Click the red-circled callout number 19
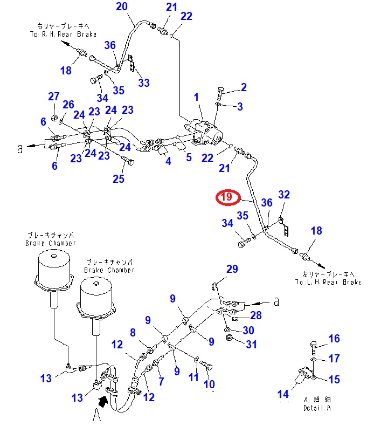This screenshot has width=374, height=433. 227,197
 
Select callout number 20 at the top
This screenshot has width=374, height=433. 122,7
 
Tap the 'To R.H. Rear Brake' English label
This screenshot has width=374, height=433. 63,34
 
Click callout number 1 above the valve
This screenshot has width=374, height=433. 196,97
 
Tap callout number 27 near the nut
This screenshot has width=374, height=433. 53,97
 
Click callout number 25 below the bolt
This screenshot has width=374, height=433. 119,178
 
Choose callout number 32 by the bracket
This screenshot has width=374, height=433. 284,195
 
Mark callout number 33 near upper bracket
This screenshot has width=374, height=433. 144,83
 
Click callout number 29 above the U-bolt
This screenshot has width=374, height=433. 232,269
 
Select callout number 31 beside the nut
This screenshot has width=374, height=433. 251,344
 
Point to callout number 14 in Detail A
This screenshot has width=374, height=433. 283,395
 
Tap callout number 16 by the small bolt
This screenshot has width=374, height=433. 334,339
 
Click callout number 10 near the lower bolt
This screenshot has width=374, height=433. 209,384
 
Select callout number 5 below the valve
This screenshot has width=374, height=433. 189,157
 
